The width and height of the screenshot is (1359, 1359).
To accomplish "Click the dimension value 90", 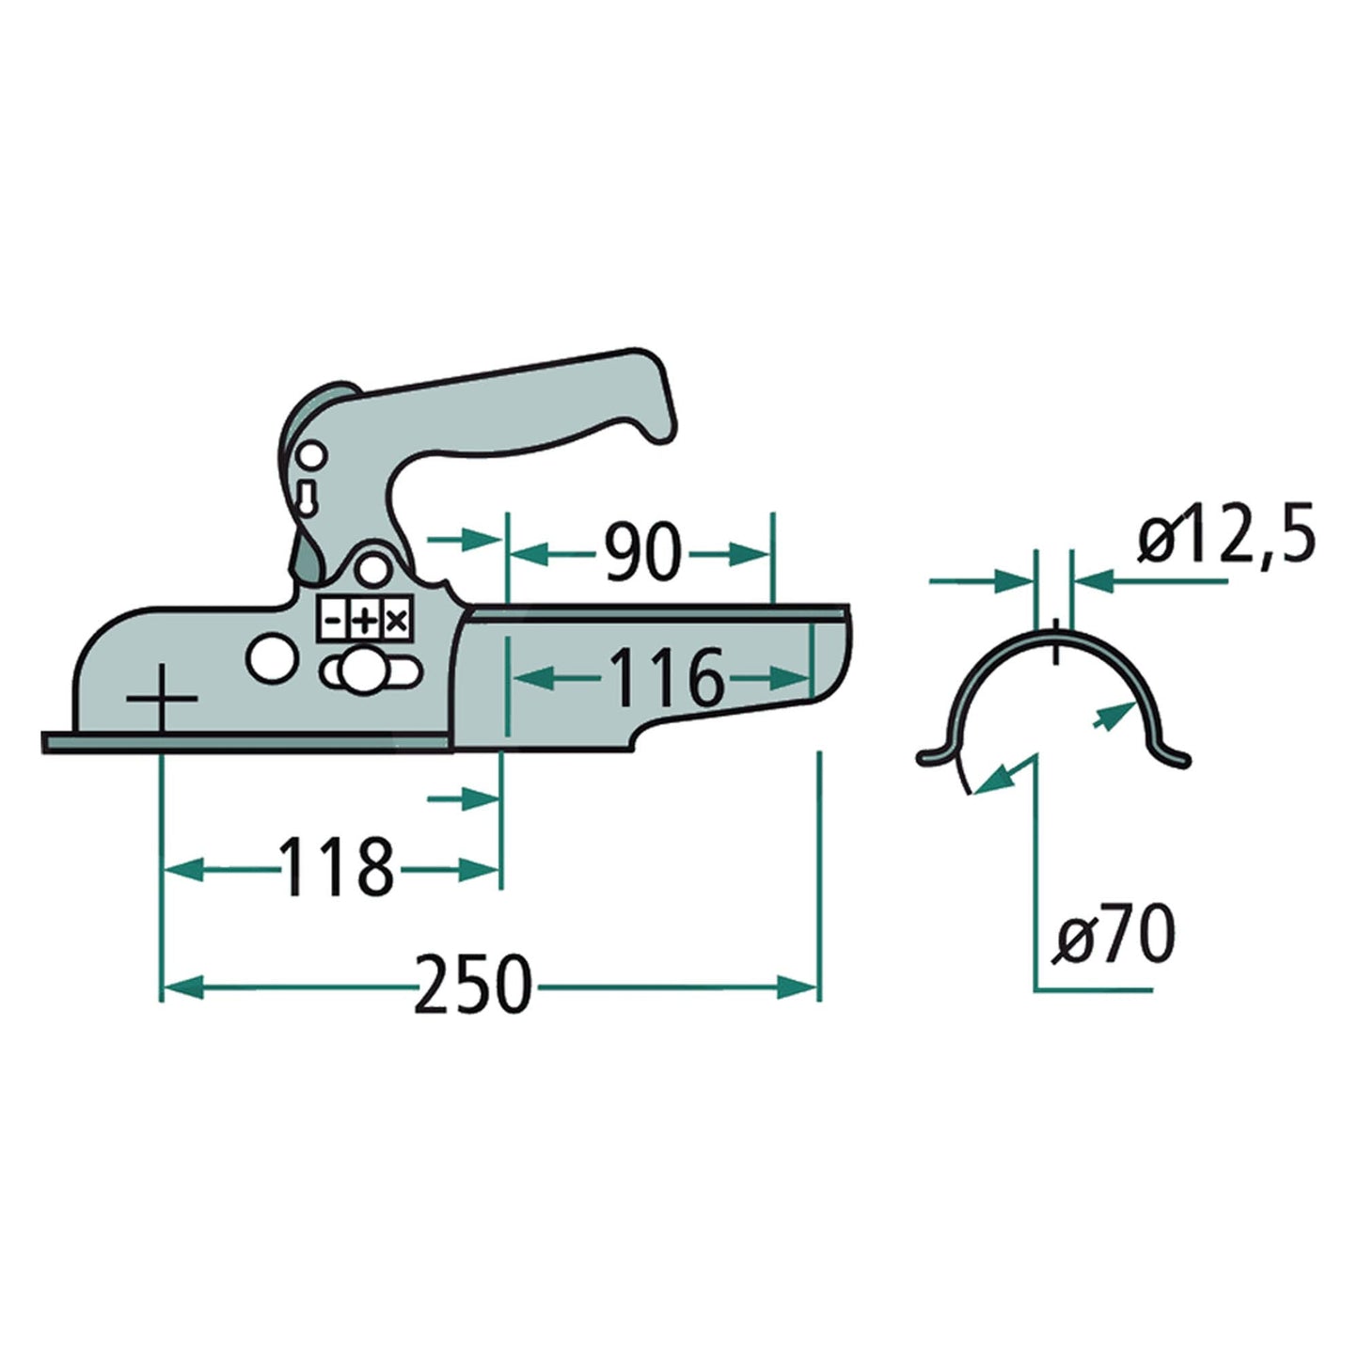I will pyautogui.click(x=640, y=553).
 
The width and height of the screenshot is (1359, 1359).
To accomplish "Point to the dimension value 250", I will pyautogui.click(x=472, y=985).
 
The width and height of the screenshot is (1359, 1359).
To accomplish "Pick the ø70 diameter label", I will pyautogui.click(x=1114, y=935).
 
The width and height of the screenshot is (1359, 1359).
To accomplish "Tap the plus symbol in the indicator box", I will pyautogui.click(x=364, y=621).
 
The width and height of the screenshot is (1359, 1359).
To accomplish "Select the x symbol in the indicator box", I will pyautogui.click(x=397, y=621).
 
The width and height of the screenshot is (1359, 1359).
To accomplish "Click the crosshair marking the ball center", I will pyautogui.click(x=162, y=699).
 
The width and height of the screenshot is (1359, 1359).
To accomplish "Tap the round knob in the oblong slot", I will pyautogui.click(x=360, y=670).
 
